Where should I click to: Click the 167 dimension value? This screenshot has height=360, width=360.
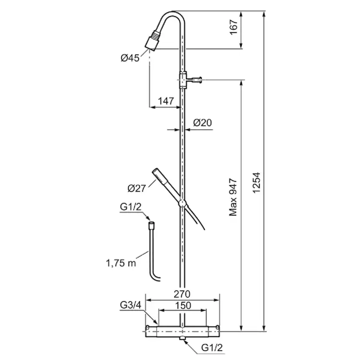(233, 27)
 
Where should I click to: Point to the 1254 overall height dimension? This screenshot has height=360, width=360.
(257, 183)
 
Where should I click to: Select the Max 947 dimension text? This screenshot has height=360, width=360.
(233, 197)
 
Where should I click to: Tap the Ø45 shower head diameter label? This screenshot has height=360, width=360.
(130, 58)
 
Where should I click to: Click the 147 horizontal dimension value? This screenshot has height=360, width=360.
(166, 101)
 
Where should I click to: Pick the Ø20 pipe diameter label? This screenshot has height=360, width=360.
(202, 123)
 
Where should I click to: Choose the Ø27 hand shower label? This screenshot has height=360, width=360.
(137, 189)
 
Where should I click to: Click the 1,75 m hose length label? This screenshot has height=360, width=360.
(121, 263)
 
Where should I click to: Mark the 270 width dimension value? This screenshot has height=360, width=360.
(182, 294)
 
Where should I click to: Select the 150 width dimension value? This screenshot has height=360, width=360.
(183, 306)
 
